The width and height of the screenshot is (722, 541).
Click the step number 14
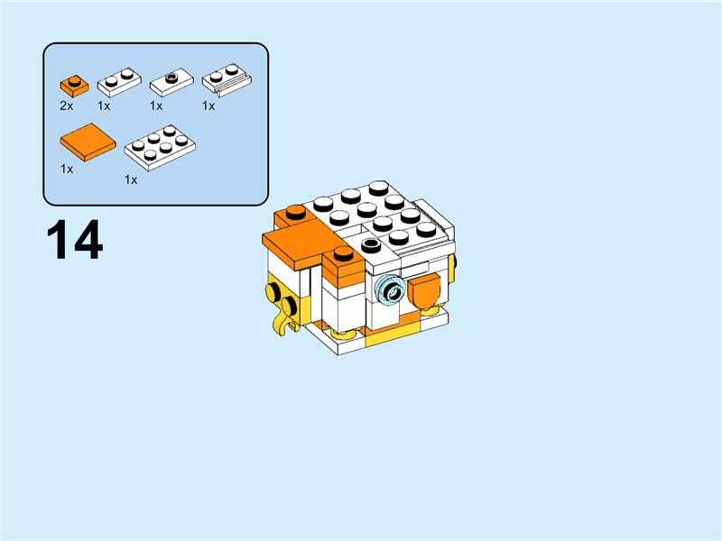75,241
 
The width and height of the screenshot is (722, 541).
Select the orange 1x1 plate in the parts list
73,87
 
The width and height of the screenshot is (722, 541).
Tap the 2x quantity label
66,105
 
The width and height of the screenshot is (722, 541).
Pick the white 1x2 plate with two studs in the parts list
118,83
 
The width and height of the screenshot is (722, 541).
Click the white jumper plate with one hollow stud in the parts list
171,83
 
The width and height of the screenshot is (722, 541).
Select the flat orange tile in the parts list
88,142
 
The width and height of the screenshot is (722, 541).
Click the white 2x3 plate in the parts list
160,147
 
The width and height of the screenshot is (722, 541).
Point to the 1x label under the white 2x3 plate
131,179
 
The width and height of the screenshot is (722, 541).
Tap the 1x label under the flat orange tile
66,169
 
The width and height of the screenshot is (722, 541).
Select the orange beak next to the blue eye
424,294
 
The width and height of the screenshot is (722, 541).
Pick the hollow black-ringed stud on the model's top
371,244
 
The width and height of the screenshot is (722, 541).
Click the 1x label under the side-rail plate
208,105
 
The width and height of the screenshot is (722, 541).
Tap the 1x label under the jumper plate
156,105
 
